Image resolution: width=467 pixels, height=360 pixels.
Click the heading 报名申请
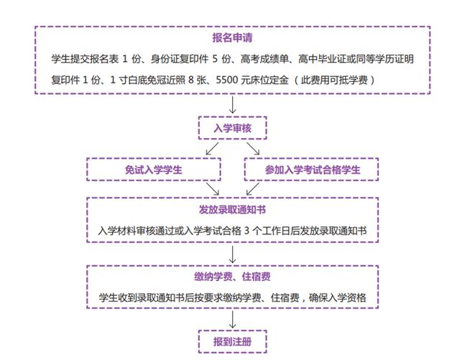coord(232,38)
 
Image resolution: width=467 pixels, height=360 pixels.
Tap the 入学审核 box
coord(233,128)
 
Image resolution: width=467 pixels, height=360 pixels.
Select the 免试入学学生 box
coord(154,170)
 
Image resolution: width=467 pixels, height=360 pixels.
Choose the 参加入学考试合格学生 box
coord(312,170)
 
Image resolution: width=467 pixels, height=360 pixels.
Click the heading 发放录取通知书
coord(232,210)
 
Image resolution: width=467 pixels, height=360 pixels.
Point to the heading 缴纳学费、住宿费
coord(232,277)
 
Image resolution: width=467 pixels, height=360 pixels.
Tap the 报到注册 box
coord(233,341)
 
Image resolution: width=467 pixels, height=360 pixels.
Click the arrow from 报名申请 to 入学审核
coord(233,105)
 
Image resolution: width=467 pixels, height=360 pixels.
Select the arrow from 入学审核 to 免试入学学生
coord(212,149)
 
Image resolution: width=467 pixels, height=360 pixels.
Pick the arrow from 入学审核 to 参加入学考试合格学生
coord(253,149)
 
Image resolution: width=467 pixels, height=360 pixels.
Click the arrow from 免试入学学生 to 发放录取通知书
coord(213,189)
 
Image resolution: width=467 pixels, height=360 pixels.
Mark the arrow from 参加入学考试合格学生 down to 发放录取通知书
coord(253,189)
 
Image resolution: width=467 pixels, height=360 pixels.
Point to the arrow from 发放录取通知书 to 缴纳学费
coord(233,254)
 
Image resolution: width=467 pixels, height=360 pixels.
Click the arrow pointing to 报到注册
coord(233,320)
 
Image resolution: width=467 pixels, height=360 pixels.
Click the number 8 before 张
coord(191,80)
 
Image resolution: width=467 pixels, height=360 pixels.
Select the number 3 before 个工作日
coord(246,231)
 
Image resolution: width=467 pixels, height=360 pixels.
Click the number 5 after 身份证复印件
coord(215,59)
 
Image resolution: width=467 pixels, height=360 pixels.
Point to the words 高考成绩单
coord(264,59)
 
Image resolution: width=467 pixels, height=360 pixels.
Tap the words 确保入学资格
coord(337,297)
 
